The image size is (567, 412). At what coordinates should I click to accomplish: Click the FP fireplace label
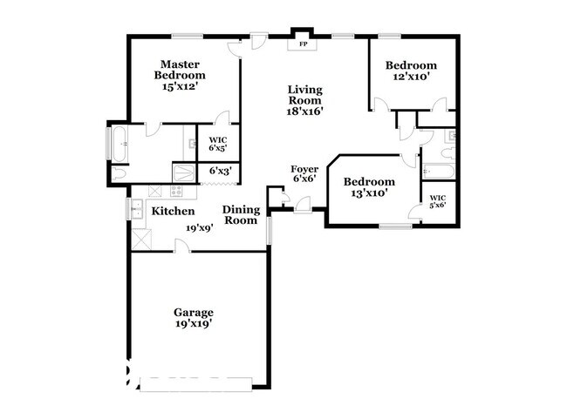click(304, 43)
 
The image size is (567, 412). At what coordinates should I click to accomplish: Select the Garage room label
click(193, 312)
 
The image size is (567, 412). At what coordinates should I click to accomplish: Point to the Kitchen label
click(173, 211)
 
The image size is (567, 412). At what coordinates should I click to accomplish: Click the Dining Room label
click(240, 214)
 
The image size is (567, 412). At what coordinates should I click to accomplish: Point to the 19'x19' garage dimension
click(193, 323)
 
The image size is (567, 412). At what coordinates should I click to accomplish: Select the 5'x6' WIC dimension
click(438, 206)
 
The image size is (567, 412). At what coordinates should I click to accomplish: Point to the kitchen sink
click(137, 209)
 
